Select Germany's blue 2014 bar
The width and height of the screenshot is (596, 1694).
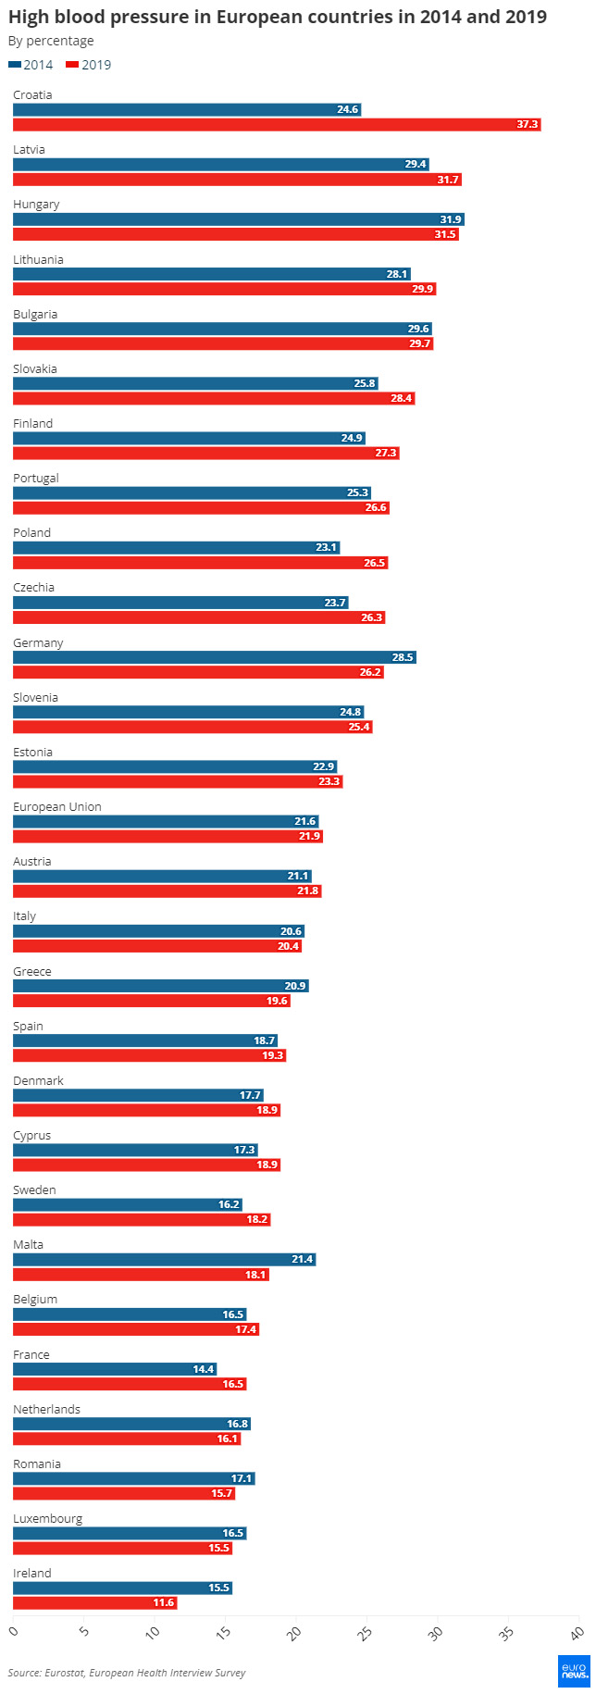(214, 657)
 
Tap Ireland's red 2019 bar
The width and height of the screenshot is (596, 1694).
(94, 1603)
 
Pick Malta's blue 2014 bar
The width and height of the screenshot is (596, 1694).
(164, 1259)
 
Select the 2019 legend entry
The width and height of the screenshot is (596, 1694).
(89, 65)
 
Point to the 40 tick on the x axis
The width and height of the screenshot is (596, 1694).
(577, 1631)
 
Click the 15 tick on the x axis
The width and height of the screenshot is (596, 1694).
(224, 1631)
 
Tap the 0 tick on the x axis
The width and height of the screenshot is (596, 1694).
(13, 1631)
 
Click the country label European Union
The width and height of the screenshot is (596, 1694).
(57, 807)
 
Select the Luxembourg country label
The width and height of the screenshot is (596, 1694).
(48, 1519)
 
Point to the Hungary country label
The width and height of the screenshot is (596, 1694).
(36, 205)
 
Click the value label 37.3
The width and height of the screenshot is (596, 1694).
(528, 124)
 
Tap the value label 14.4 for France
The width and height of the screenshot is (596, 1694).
(204, 1369)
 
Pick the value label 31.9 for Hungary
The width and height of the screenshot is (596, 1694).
(451, 219)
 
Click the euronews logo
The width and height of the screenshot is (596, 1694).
(574, 1671)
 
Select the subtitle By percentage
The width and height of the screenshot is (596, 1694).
(51, 41)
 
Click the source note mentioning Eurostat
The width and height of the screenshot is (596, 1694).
(127, 1673)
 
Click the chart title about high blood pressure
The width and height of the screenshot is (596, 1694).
(278, 17)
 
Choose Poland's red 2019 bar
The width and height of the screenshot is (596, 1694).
(200, 563)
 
